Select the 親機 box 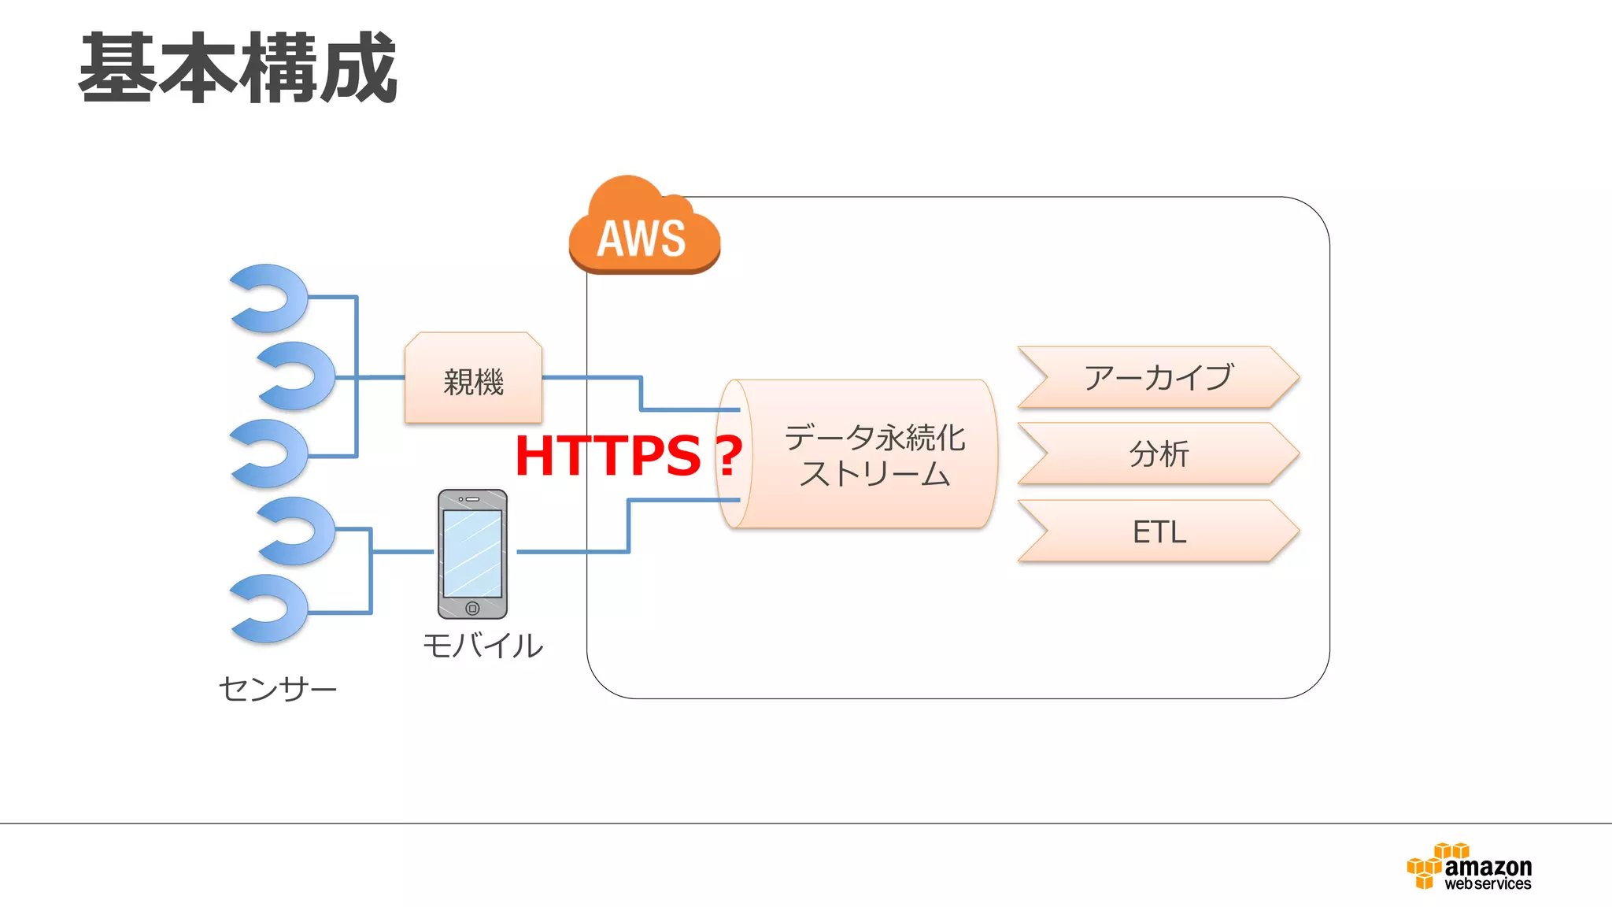pos(473,379)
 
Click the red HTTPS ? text pos(628,456)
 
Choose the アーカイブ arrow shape pos(1158,377)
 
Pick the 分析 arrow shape pos(1158,453)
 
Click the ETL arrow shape pos(1158,531)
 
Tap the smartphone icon pos(472,553)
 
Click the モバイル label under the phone pos(482,646)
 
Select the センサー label pos(277,689)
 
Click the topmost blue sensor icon pos(272,298)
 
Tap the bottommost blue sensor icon pos(272,609)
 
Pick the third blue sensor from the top pos(272,453)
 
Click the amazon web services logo pos(1469,867)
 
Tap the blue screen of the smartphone pos(472,553)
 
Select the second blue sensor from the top pos(298,376)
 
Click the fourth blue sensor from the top pos(298,531)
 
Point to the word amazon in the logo pos(1488,866)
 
